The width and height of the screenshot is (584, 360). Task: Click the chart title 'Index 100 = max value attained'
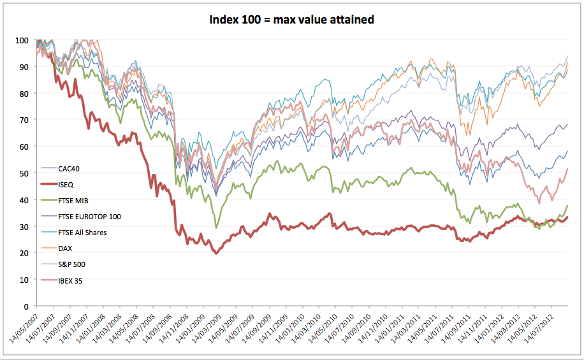(x=292, y=19)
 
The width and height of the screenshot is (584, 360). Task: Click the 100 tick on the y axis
(x=22, y=40)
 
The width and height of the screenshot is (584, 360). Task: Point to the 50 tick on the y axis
(x=24, y=173)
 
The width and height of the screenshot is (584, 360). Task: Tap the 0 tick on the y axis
(x=26, y=306)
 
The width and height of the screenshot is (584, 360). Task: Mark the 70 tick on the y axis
(x=24, y=120)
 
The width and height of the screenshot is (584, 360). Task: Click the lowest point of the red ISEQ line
(x=216, y=254)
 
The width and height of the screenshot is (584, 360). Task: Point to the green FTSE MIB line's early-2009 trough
(x=217, y=227)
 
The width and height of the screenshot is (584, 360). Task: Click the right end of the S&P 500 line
(x=567, y=56)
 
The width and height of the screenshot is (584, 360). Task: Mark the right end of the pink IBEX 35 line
(x=567, y=169)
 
